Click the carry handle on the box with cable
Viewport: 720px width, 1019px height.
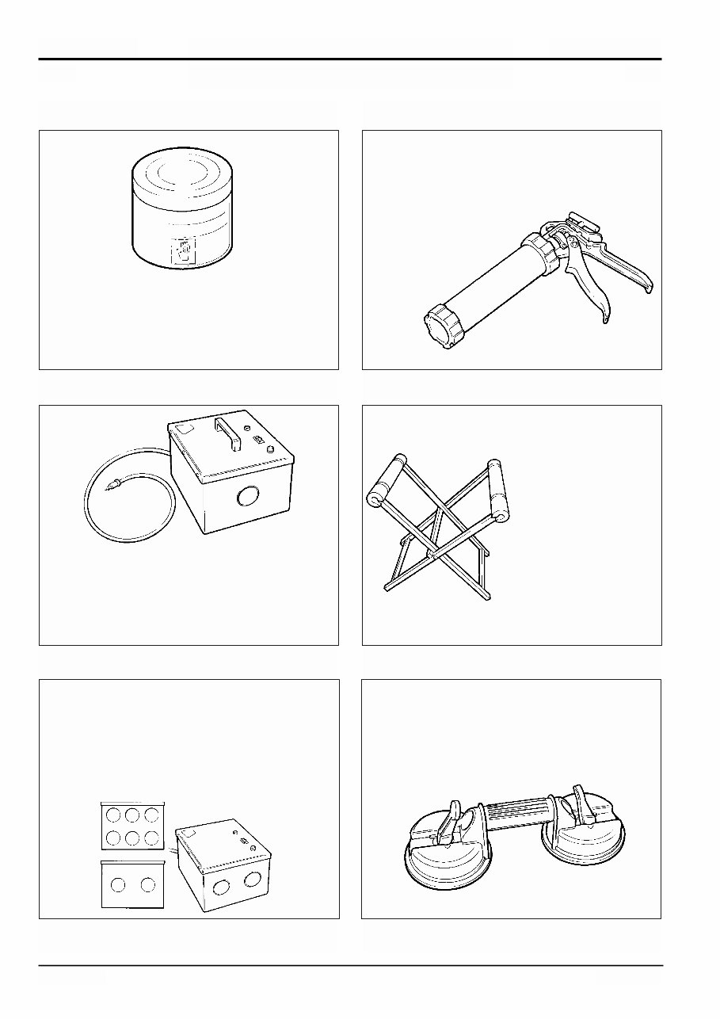[230, 436]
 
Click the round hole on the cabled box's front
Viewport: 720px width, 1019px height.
[248, 498]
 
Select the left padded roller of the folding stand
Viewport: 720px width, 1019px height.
[386, 483]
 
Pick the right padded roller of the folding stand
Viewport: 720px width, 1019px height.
[498, 490]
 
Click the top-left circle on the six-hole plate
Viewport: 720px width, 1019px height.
[116, 816]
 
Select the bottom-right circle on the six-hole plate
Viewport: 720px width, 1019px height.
[150, 837]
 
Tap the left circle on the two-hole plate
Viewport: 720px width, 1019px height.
[119, 885]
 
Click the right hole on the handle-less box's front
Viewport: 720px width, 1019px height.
[253, 878]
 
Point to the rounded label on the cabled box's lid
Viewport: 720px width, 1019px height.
[184, 428]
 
